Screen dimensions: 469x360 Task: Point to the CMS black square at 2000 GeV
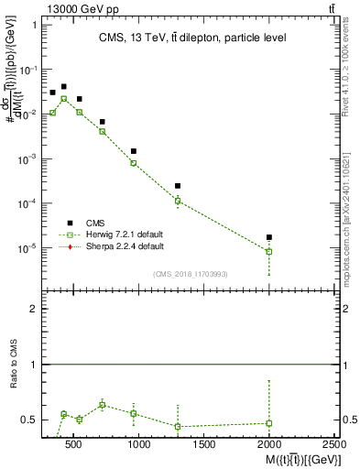pos(269,237)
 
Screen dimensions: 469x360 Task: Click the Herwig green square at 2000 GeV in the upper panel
pos(269,251)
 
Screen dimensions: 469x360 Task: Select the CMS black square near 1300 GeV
pos(178,186)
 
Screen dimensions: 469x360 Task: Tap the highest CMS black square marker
pos(63,87)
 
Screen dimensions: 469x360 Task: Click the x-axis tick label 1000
pos(139,444)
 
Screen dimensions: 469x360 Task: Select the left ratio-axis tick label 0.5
pos(29,420)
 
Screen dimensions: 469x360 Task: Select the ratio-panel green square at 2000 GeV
pos(269,423)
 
